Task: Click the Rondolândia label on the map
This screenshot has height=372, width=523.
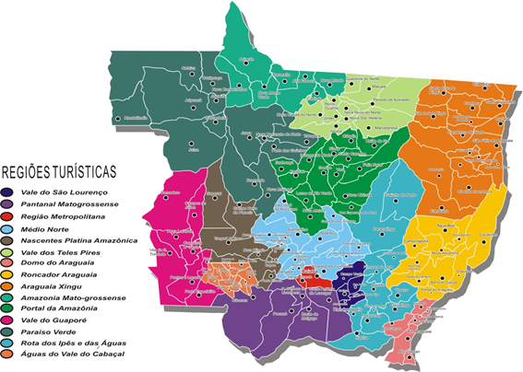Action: pos(136,118)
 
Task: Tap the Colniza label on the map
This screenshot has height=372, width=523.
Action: pos(190,67)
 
